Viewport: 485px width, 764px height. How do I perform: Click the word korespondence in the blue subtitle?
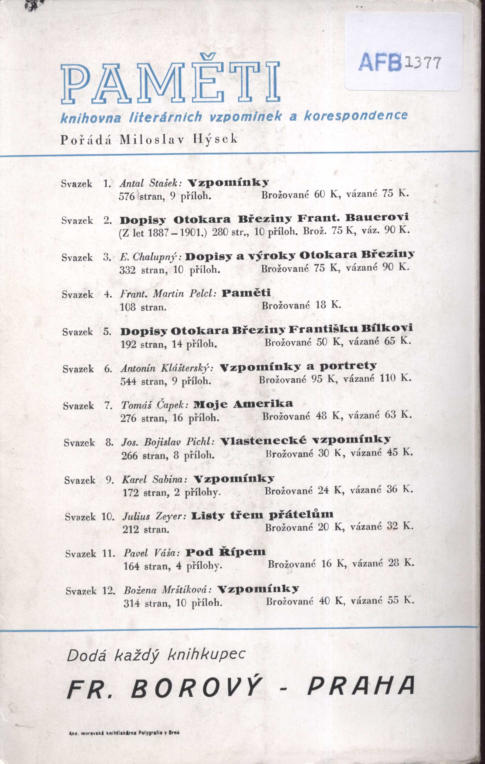point(355,116)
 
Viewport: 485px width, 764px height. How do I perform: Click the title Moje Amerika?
point(243,404)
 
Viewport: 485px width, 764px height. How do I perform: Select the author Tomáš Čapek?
point(155,405)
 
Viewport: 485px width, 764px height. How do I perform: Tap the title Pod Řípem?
point(226,553)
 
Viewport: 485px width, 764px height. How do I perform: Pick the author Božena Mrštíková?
point(167,590)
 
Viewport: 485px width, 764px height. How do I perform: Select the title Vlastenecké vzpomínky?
point(305,441)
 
